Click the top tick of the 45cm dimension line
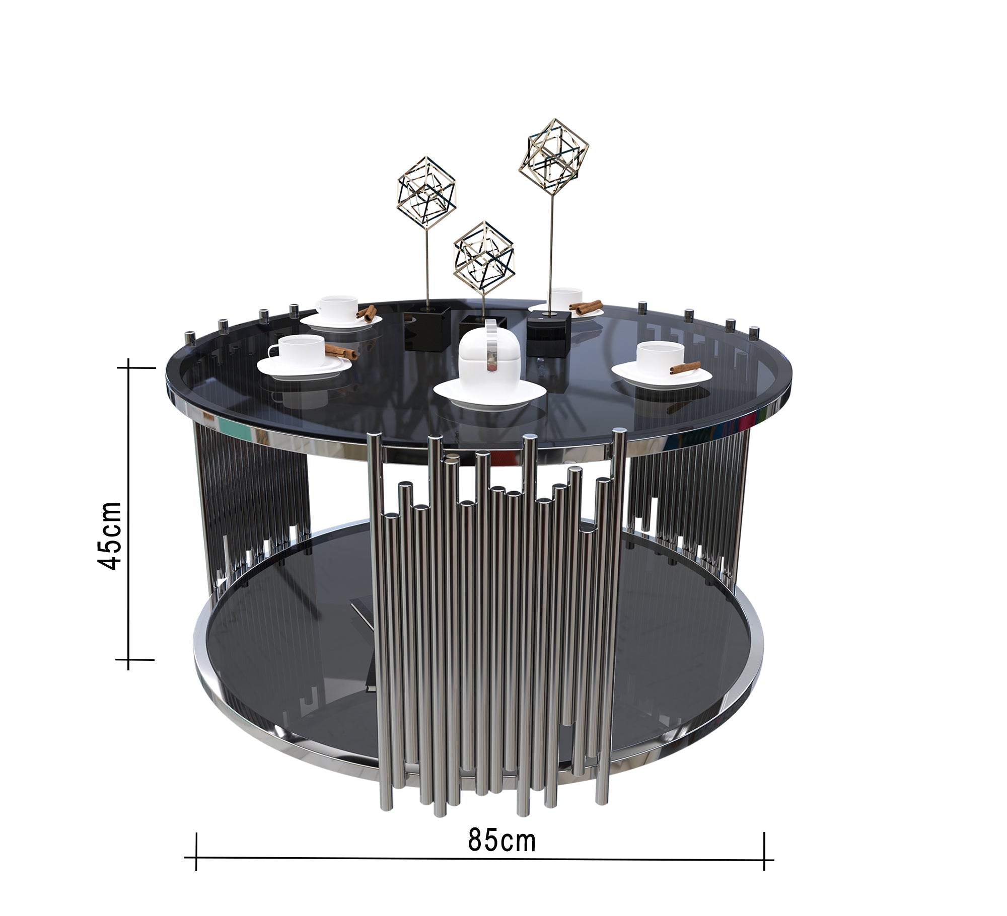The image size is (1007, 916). [x=129, y=368]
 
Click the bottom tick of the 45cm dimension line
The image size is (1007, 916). [x=129, y=659]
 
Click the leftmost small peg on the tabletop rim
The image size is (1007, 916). [x=190, y=336]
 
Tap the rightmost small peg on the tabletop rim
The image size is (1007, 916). [x=754, y=333]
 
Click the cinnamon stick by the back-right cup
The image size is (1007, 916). [x=585, y=306]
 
